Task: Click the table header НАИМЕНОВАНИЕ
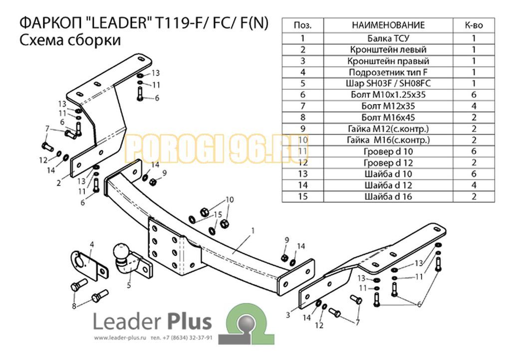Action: (x=388, y=25)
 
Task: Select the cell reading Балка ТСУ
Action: (x=388, y=38)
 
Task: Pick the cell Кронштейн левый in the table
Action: (x=388, y=49)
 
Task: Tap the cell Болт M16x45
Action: (x=388, y=118)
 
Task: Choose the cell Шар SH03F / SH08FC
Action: (x=388, y=83)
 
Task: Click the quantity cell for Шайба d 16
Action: (x=474, y=196)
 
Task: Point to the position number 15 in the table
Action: (x=302, y=196)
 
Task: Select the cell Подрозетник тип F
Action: (x=388, y=72)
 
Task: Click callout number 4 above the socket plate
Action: (x=92, y=244)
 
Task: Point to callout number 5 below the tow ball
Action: (x=129, y=286)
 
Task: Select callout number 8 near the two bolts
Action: (x=74, y=306)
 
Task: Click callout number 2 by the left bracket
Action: (x=58, y=183)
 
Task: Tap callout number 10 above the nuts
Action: (x=229, y=200)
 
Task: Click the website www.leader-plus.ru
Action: (x=118, y=338)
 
